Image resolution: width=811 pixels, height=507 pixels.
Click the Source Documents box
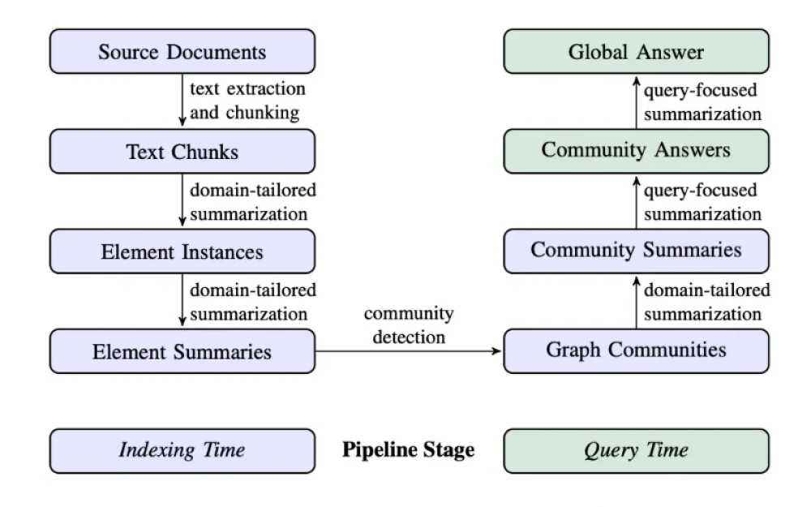(x=182, y=52)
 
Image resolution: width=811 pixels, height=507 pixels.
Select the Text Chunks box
(x=182, y=152)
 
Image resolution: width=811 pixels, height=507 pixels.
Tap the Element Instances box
(x=182, y=251)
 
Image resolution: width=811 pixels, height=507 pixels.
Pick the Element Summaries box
(x=182, y=351)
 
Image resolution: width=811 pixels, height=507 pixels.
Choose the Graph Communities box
(x=636, y=350)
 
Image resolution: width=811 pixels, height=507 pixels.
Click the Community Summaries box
(x=636, y=250)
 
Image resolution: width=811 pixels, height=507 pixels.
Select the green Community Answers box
(x=636, y=150)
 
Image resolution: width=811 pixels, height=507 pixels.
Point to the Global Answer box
(x=636, y=52)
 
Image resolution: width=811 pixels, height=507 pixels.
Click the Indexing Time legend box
(x=182, y=450)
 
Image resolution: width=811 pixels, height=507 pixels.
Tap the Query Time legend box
(x=636, y=450)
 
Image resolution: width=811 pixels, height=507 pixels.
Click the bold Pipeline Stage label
(x=408, y=449)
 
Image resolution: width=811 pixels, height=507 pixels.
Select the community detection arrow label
(x=408, y=324)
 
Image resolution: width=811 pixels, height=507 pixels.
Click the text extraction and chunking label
(x=247, y=100)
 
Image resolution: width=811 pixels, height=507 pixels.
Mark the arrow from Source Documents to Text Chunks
(x=182, y=101)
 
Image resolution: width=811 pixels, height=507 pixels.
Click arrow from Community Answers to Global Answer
(x=637, y=101)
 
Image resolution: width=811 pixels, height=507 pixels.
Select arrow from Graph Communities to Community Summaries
(x=637, y=301)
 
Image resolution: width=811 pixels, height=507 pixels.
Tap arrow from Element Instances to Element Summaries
(x=182, y=301)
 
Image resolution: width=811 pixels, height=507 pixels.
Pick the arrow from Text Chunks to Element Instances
(x=182, y=201)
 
